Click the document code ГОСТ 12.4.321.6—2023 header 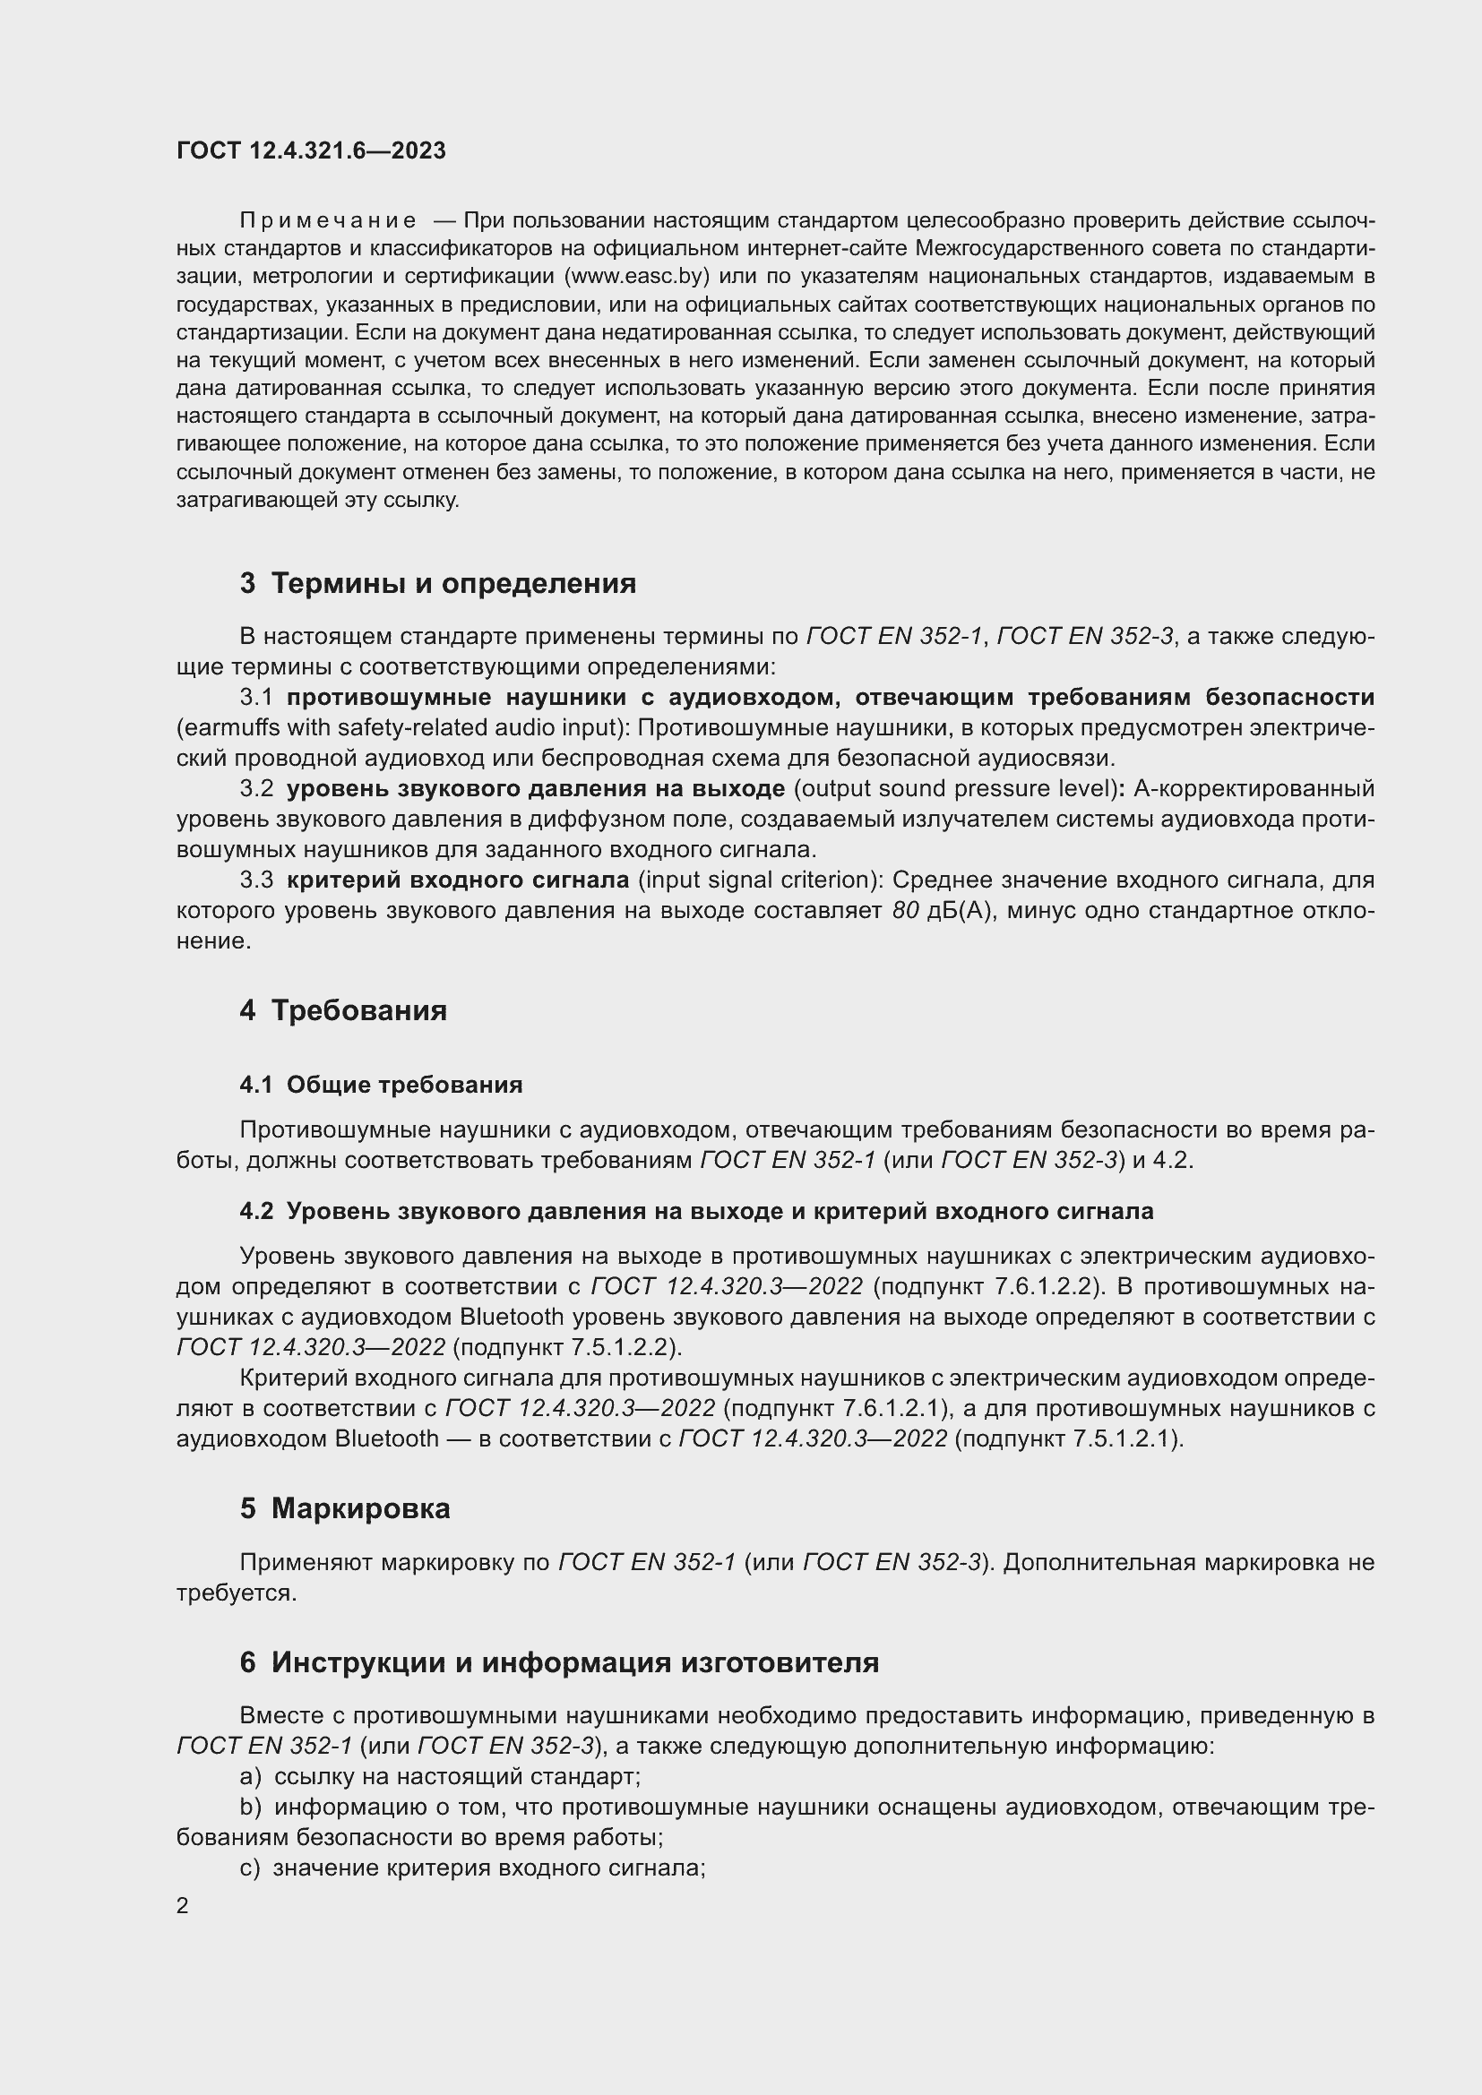pyautogui.click(x=311, y=150)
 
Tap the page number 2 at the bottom pyautogui.click(x=183, y=1905)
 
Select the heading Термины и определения pyautogui.click(x=453, y=583)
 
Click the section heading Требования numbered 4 pyautogui.click(x=358, y=1011)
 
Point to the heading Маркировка pyautogui.click(x=360, y=1508)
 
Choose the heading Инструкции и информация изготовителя pyautogui.click(x=575, y=1662)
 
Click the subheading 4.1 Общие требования pyautogui.click(x=381, y=1085)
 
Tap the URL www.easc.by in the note pyautogui.click(x=641, y=277)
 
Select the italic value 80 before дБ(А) pyautogui.click(x=905, y=911)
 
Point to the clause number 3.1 pyautogui.click(x=256, y=698)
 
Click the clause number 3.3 pyautogui.click(x=256, y=880)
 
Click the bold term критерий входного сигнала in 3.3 pyautogui.click(x=458, y=880)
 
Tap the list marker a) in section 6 pyautogui.click(x=250, y=1776)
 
